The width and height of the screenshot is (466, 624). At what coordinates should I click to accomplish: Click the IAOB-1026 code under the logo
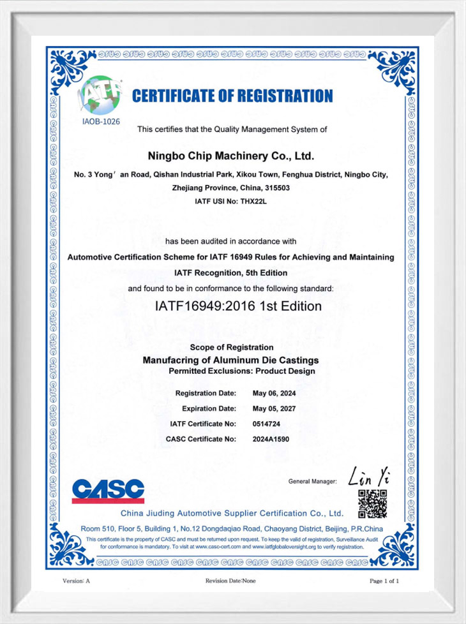pyautogui.click(x=101, y=119)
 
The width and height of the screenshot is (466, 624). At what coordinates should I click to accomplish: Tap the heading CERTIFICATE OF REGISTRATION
pyautogui.click(x=232, y=96)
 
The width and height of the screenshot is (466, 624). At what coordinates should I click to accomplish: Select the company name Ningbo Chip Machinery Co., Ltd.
pyautogui.click(x=231, y=156)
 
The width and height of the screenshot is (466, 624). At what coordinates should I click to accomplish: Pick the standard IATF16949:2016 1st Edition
pyautogui.click(x=238, y=306)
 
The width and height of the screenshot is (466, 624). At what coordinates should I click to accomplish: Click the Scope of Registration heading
pyautogui.click(x=232, y=347)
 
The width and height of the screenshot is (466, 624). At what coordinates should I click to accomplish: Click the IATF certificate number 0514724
pyautogui.click(x=267, y=424)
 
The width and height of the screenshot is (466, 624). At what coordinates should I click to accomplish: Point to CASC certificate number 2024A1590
pyautogui.click(x=271, y=439)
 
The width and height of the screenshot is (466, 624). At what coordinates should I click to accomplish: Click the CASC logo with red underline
pyautogui.click(x=108, y=491)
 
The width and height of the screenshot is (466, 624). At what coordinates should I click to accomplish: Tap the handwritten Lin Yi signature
pyautogui.click(x=369, y=477)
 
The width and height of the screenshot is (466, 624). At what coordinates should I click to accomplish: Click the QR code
pyautogui.click(x=372, y=504)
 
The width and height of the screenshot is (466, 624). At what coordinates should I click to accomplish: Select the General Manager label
pyautogui.click(x=312, y=481)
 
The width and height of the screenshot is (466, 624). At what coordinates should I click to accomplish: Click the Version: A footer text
pyautogui.click(x=76, y=581)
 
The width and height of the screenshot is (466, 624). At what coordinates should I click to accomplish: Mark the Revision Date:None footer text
pyautogui.click(x=230, y=581)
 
